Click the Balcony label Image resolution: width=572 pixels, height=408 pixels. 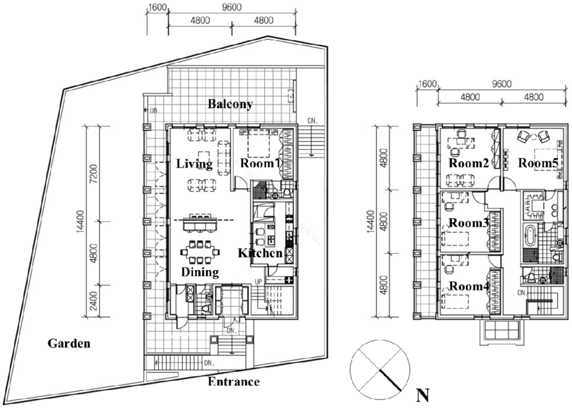click(230, 105)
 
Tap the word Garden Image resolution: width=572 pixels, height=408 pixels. click(69, 343)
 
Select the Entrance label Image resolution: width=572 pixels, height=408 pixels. click(234, 382)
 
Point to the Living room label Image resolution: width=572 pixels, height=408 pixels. click(194, 164)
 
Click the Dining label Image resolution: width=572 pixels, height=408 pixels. click(200, 272)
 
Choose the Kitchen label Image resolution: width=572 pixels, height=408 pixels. click(260, 253)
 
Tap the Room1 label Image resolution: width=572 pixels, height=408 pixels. click(260, 163)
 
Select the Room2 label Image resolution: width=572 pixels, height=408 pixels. click(469, 163)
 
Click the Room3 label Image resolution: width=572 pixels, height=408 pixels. click(469, 222)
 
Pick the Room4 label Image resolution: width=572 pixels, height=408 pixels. click(469, 286)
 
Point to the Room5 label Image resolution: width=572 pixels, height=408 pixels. click(538, 163)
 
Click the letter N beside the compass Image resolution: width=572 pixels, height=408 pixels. click(422, 395)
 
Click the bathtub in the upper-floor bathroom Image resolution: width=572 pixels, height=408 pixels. click(530, 235)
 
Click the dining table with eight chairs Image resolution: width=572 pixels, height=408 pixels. click(200, 252)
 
